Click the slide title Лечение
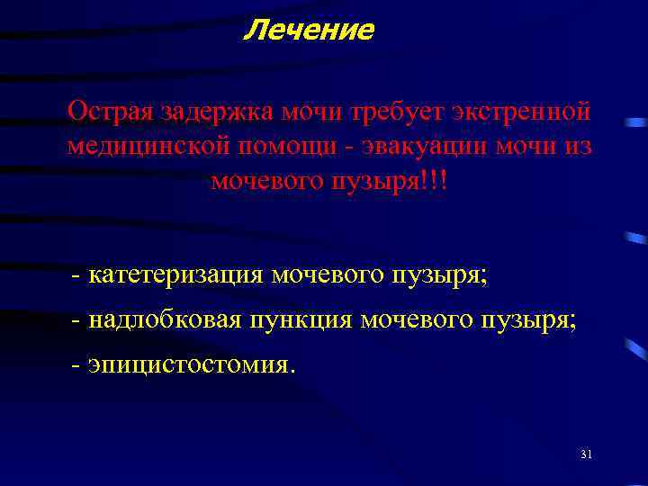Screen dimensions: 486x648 pos(309,31)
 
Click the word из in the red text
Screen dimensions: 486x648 pos(578,147)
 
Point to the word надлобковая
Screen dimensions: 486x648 pos(165,319)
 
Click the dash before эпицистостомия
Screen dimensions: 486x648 pos(76,365)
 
